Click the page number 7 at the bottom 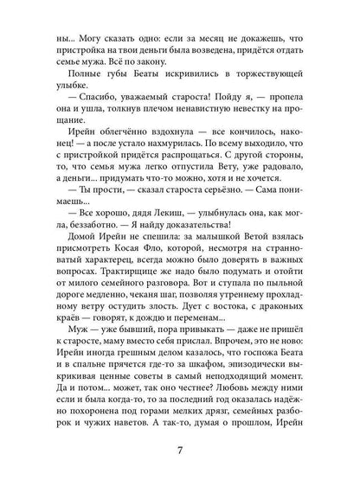[180, 450]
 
